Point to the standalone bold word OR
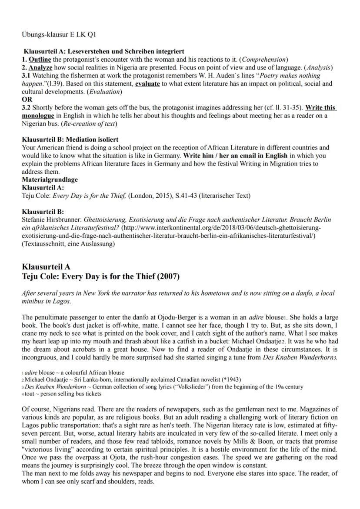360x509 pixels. click(27, 99)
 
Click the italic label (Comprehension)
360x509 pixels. click(266, 59)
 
